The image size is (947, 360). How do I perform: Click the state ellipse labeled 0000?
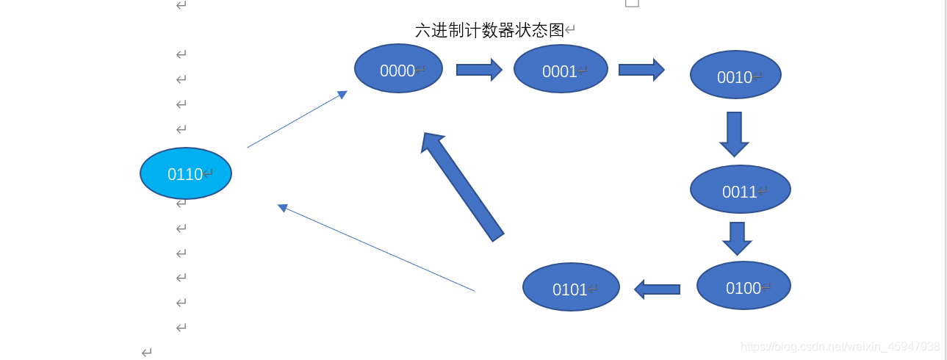click(398, 69)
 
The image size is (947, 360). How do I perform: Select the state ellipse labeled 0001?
click(561, 69)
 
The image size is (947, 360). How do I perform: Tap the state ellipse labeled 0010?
click(735, 75)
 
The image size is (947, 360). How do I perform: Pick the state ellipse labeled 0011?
click(740, 190)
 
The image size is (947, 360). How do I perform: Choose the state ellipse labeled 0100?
click(743, 286)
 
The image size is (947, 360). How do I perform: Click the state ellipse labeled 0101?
click(571, 287)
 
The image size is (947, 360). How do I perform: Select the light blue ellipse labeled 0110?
click(186, 173)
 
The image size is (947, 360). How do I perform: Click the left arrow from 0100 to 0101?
click(658, 289)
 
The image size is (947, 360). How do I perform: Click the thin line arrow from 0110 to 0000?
click(297, 120)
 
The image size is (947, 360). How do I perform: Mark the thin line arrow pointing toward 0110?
click(376, 248)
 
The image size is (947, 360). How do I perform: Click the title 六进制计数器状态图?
click(489, 30)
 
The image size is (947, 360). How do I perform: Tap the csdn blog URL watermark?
click(840, 346)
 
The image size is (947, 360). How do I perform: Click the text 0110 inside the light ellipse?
click(184, 174)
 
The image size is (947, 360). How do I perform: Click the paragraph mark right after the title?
click(570, 30)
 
